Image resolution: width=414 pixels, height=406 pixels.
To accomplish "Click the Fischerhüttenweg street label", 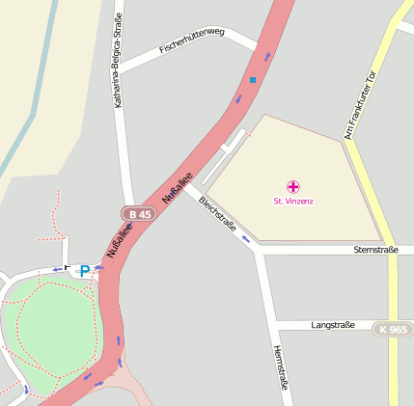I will coord(192,39).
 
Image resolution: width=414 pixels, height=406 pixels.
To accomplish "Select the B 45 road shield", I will coord(139,213).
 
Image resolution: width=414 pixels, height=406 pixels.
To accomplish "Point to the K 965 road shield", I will coord(393,329).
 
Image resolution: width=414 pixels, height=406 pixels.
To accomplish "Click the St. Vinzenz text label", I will coord(293,201).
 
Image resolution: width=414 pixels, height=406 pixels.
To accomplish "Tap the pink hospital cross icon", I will coord(293,186).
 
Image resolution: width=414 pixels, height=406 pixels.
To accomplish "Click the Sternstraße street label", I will coord(376,249).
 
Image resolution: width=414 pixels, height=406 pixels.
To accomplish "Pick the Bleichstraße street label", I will coord(217,213).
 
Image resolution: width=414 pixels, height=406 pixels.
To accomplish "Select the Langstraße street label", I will coord(333,326).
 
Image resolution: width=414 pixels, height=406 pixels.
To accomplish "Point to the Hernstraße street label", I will coord(281,367).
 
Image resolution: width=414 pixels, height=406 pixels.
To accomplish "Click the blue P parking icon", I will coord(84,271).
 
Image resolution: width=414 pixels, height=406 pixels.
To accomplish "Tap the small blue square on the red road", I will coord(253,79).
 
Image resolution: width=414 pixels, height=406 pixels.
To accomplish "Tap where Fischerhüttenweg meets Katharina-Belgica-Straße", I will coord(123,68).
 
